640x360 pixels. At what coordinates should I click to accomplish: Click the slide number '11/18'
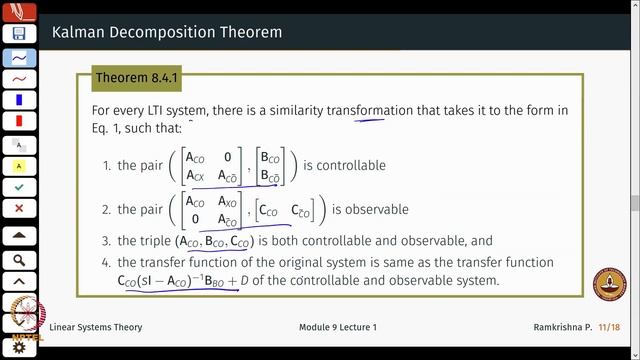[x=613, y=328]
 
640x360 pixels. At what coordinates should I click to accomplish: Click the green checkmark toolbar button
[x=19, y=187]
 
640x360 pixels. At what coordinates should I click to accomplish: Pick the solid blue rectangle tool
[x=19, y=100]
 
